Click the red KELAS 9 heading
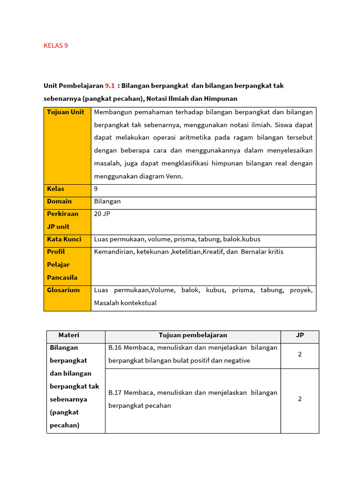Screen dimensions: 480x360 point(56,45)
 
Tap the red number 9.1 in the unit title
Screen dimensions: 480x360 point(110,86)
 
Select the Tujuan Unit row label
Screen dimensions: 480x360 point(66,112)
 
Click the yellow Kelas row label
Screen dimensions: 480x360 point(56,189)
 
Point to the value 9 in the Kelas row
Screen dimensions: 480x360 point(96,189)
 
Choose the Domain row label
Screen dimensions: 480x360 point(60,201)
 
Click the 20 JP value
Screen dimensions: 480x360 point(102,214)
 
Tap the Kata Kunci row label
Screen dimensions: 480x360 point(64,239)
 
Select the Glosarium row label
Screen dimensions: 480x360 point(63,290)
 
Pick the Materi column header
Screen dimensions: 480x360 point(69,335)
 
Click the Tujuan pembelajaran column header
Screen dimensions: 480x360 point(193,335)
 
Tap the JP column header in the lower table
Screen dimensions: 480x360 point(300,335)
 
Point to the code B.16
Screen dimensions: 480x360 point(115,348)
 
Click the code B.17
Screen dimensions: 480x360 point(115,393)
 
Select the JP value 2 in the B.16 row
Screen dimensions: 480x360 point(300,354)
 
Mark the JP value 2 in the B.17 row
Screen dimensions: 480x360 point(300,399)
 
